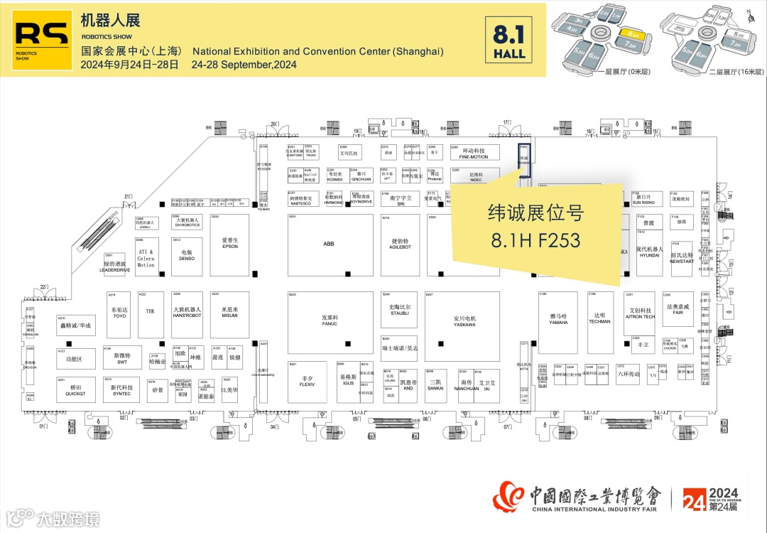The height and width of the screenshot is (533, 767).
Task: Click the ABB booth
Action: [328, 244]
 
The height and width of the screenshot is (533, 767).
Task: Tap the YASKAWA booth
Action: [464, 321]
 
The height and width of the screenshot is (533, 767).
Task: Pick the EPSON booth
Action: [229, 244]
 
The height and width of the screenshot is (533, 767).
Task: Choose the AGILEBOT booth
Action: [401, 244]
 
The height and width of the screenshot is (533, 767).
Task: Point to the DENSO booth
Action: [187, 255]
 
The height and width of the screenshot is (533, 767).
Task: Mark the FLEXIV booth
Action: [307, 382]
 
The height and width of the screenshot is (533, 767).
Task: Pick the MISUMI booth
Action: [229, 312]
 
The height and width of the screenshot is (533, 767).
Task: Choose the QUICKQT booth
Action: [75, 390]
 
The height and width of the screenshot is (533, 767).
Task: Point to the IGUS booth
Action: [347, 381]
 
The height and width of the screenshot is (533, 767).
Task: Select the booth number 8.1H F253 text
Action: [535, 240]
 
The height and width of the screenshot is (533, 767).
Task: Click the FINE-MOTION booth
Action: [474, 154]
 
